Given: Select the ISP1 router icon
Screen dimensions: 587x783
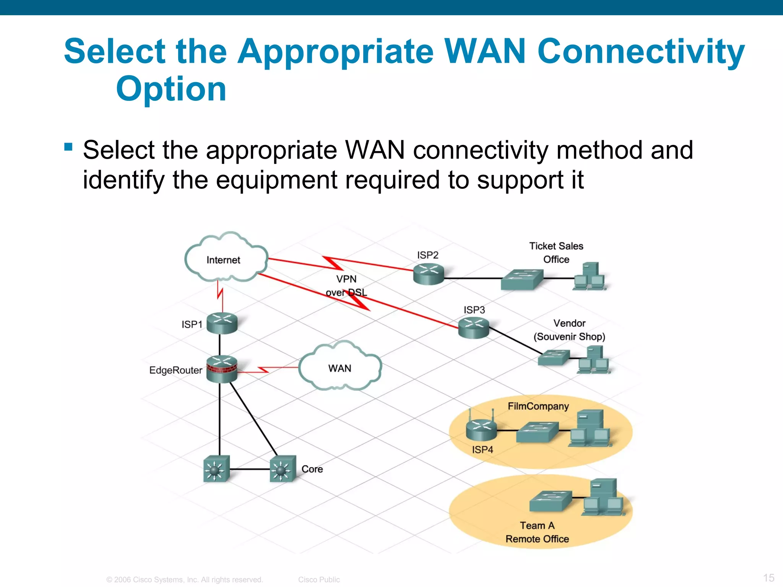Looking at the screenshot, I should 222,323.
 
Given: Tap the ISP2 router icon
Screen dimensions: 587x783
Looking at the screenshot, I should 429,274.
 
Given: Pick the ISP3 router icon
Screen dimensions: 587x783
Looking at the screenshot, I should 474,328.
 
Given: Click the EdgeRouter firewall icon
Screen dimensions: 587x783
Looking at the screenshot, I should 222,369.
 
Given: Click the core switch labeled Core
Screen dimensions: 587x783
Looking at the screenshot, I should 283,469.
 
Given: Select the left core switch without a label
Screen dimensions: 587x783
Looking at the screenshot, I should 216,469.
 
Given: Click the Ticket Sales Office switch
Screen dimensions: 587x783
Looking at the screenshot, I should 522,279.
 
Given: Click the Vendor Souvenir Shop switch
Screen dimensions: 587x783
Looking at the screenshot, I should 554,357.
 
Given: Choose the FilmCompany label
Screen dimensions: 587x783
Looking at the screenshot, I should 538,406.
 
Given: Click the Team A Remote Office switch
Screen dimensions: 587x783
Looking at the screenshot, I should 551,501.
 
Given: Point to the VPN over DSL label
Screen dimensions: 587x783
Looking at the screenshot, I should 346,285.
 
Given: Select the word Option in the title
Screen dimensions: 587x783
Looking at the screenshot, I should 171,89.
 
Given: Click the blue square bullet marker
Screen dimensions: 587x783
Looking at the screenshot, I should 68,147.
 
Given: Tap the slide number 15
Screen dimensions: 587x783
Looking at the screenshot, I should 768,577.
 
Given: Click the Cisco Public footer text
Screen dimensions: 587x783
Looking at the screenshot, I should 319,579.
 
